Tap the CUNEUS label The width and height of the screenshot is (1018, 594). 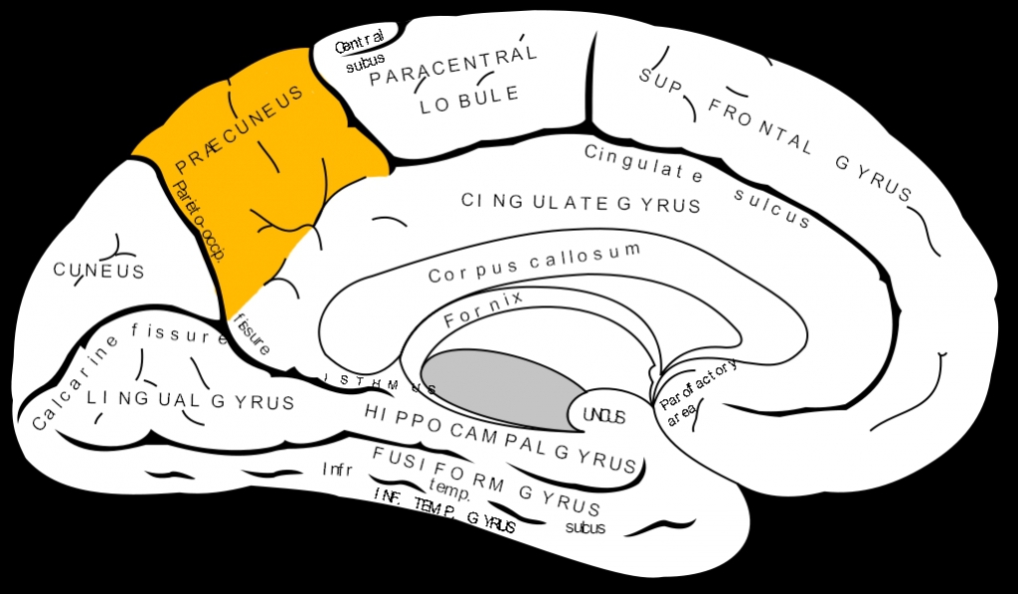(98, 271)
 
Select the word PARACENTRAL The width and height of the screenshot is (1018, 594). (453, 65)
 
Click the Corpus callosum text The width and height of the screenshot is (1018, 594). (535, 263)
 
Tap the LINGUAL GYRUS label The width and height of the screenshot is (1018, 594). (190, 401)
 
